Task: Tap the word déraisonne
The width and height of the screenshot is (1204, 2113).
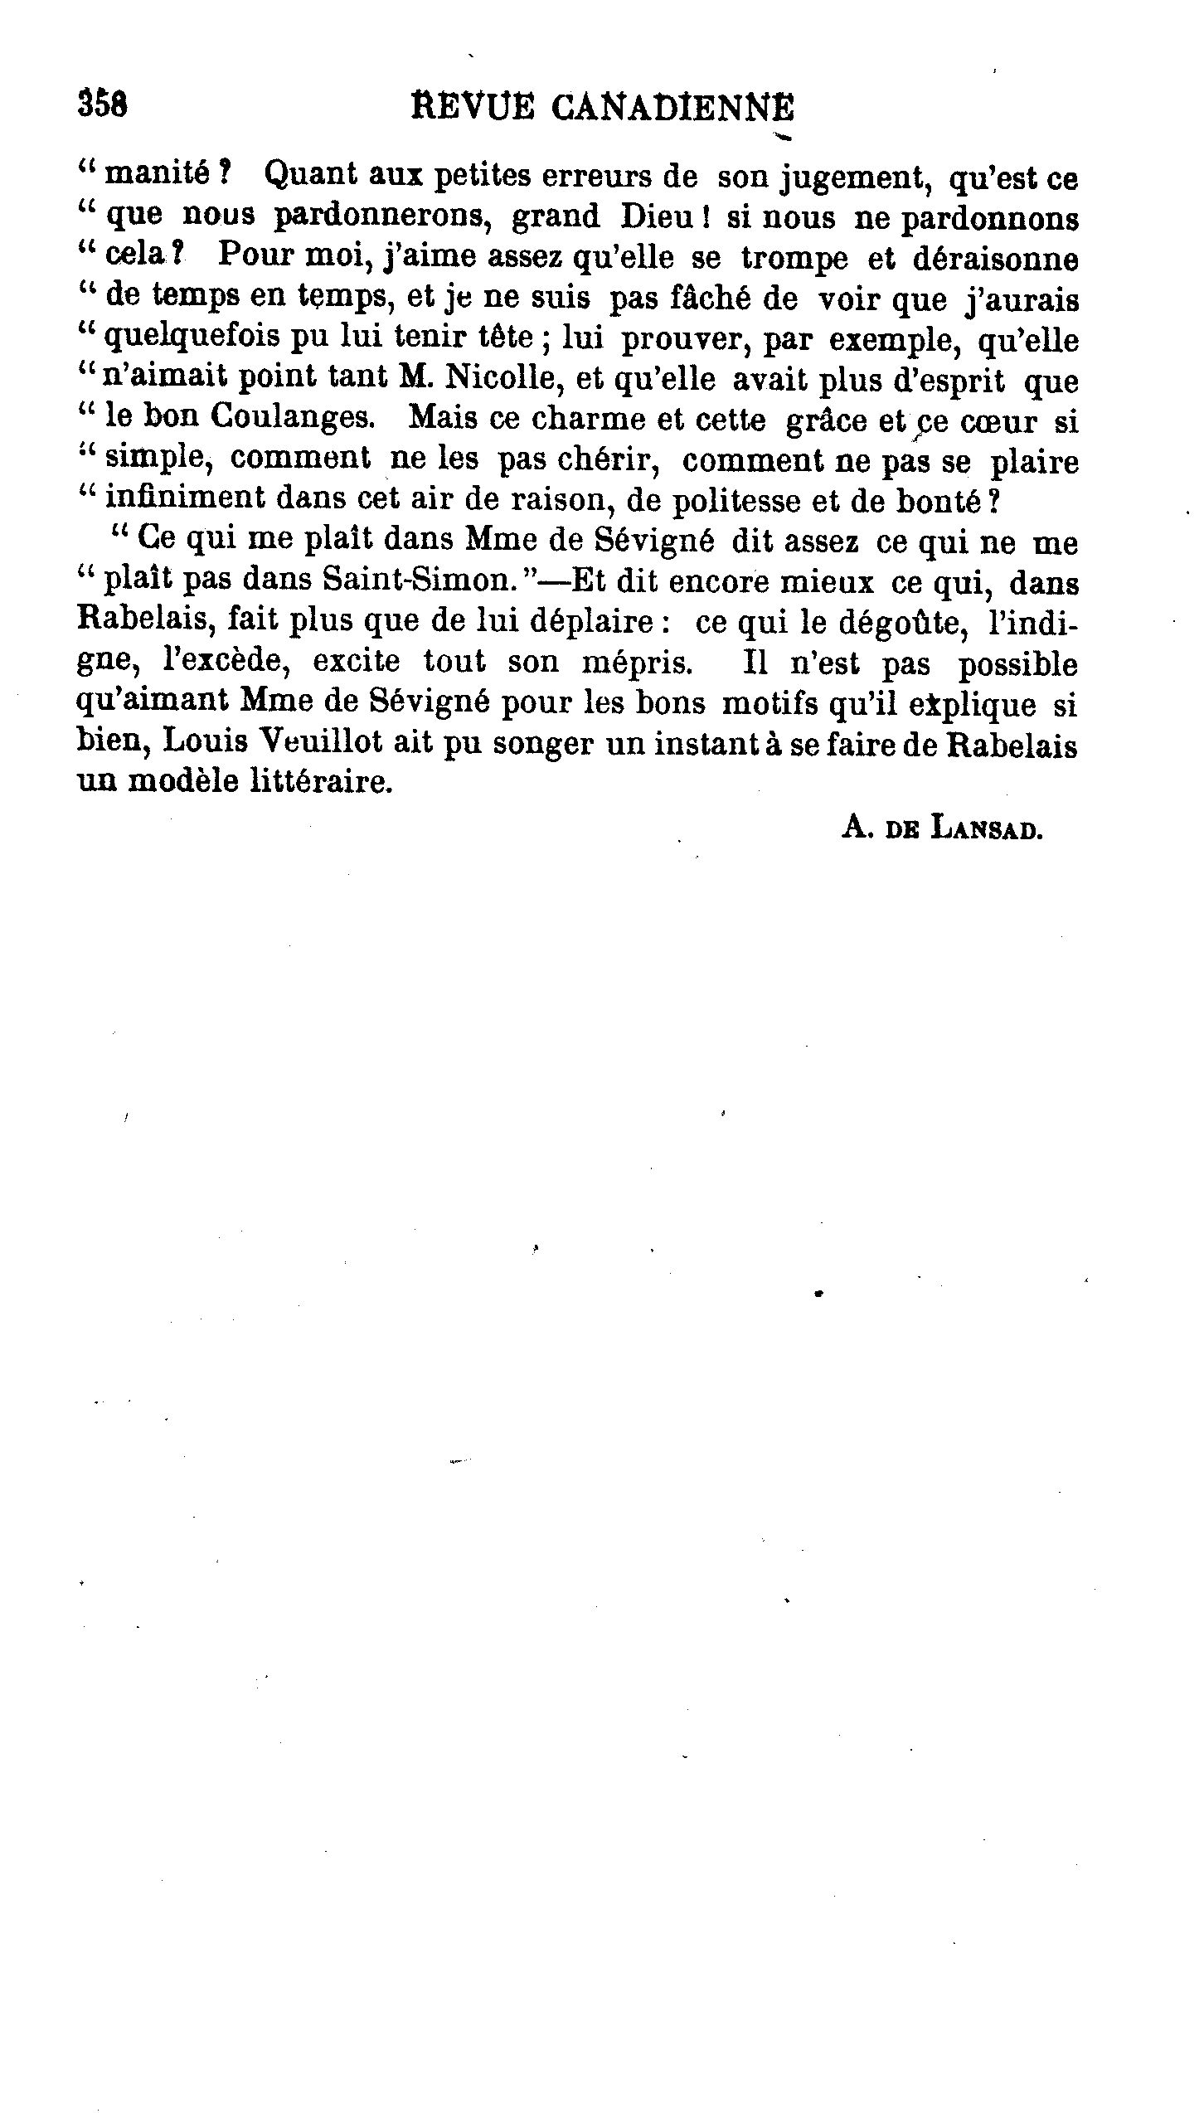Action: click(x=995, y=258)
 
